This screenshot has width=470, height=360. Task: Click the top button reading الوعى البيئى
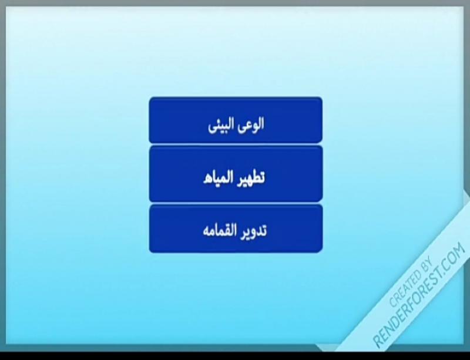[x=236, y=120]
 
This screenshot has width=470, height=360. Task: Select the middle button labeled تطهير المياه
[x=236, y=174]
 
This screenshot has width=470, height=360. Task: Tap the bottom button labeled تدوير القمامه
[x=236, y=228]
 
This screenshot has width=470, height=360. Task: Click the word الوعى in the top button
[x=251, y=124]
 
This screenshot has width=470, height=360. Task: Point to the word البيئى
[x=221, y=125]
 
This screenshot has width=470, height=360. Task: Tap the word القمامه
[x=221, y=231]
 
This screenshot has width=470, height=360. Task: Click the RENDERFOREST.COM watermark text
[x=419, y=295]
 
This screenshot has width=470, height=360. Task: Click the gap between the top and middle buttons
[x=236, y=144]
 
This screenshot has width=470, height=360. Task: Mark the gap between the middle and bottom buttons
[x=236, y=203]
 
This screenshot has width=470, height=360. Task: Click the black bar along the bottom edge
[x=235, y=356]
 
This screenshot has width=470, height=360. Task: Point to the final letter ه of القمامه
[x=207, y=233]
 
